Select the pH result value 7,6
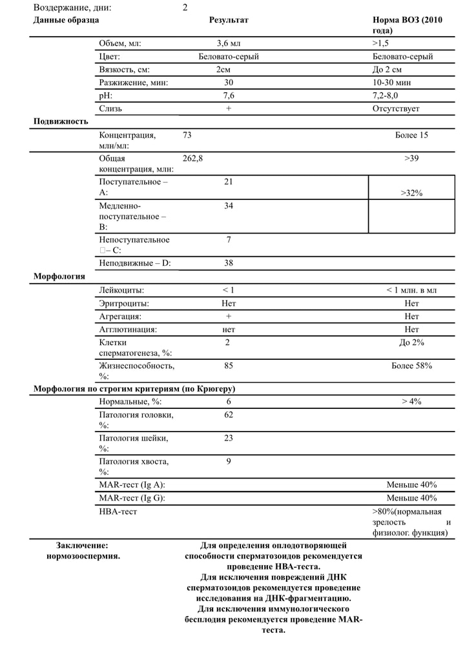tap(229, 95)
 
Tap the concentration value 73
tap(188, 135)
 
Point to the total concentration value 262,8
tap(193, 158)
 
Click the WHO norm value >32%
tap(411, 193)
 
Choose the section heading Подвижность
tap(61, 121)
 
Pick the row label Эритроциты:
tap(124, 303)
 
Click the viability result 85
tap(229, 366)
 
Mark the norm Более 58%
tap(411, 366)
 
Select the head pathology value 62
tap(229, 415)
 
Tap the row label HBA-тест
tap(118, 511)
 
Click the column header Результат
tap(229, 20)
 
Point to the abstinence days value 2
tap(185, 8)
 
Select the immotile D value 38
tap(229, 263)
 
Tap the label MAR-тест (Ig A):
tap(137, 484)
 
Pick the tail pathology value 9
tap(229, 461)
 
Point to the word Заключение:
tap(83, 545)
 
